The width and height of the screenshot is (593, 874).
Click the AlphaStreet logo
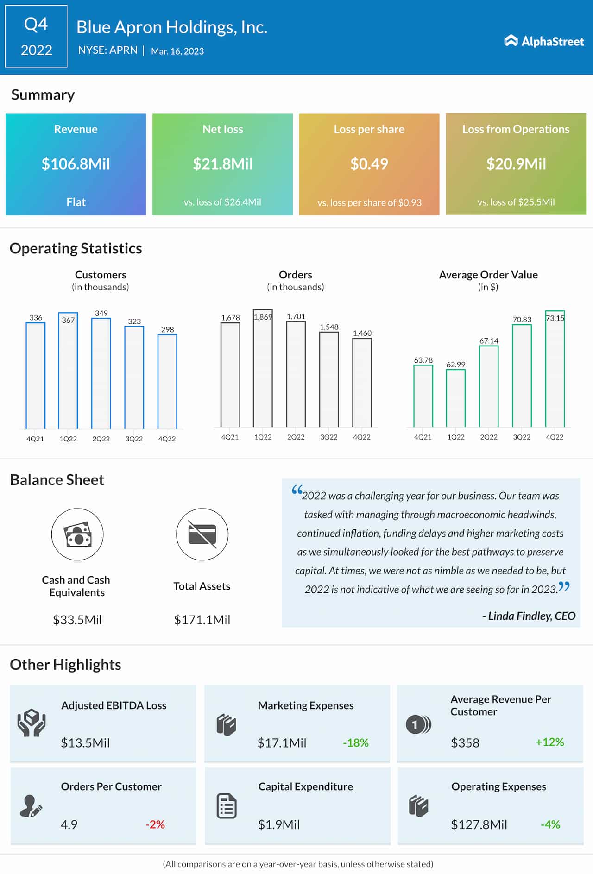coord(544,41)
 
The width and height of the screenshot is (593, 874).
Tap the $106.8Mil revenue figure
coord(76,164)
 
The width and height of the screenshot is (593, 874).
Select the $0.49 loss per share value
coord(369,164)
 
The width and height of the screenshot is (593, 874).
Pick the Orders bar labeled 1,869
coord(263,368)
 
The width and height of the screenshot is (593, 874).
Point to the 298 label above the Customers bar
coord(167,329)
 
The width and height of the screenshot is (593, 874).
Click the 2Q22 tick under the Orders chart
coord(296,437)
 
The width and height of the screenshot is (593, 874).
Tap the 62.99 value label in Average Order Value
coord(455,365)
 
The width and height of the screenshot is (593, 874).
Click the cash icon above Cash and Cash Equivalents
coord(77,534)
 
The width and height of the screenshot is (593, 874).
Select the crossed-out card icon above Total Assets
coord(202,534)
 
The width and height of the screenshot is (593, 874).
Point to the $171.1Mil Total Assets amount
coord(202,620)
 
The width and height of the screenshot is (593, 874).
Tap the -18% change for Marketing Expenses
coord(355,743)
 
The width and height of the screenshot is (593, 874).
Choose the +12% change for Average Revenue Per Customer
coord(549,742)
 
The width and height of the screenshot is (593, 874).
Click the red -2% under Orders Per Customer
coord(155,824)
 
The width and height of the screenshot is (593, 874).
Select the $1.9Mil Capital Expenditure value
coord(279,824)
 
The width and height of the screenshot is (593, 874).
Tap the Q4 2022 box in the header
coord(36,37)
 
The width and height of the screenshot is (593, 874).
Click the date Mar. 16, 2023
coord(177,51)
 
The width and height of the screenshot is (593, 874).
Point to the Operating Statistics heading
coord(76,248)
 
